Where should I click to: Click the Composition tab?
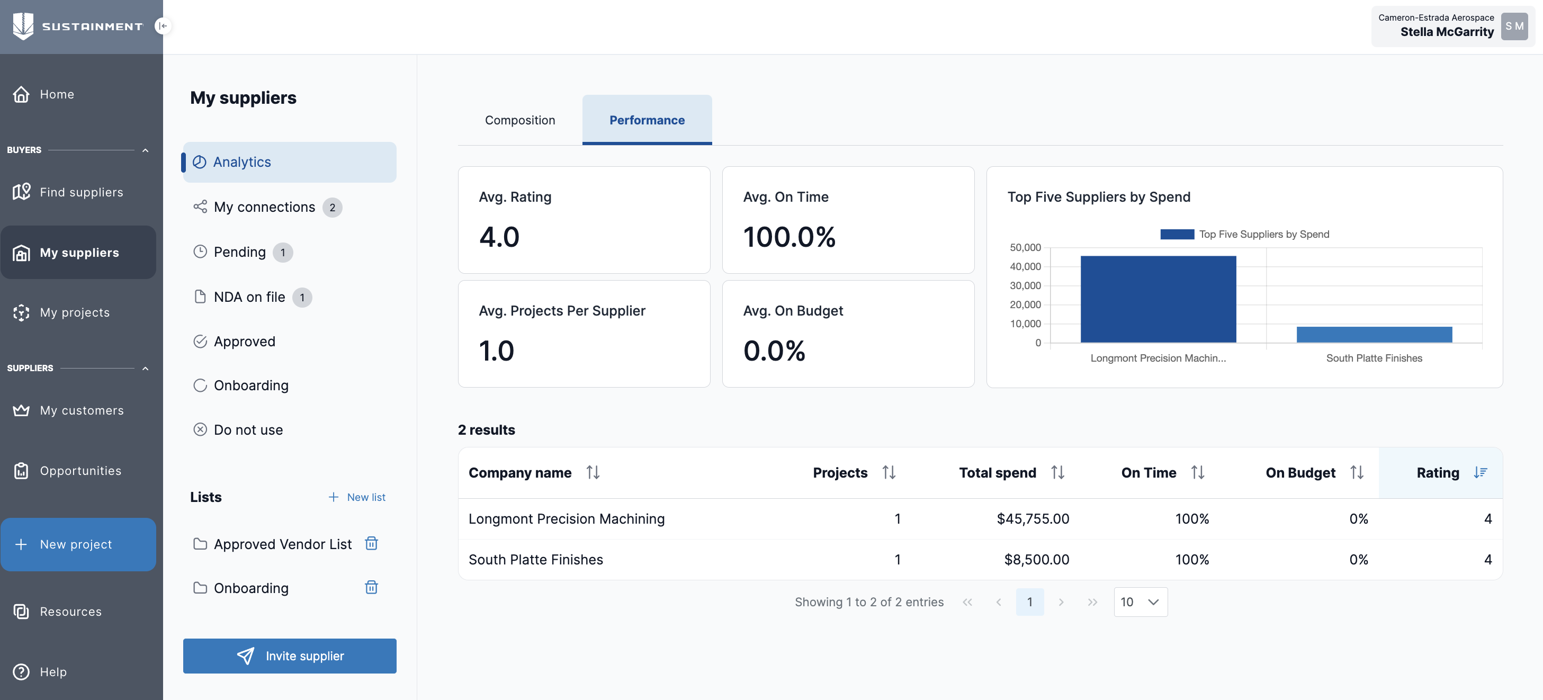[519, 120]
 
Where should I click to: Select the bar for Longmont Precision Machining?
[1158, 299]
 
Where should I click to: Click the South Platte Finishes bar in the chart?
[1374, 334]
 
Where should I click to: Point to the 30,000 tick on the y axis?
[1025, 285]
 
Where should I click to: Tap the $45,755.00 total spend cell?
[1032, 518]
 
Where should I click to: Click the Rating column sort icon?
[1480, 472]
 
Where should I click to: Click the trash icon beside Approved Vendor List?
[371, 543]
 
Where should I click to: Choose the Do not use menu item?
[248, 430]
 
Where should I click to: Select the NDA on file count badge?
[302, 298]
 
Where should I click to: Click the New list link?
[357, 497]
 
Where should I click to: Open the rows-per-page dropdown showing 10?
[1140, 602]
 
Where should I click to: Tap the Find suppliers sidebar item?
[81, 192]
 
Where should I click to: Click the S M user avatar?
[1514, 26]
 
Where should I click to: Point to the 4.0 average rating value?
[499, 237]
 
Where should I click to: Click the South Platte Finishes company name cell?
[535, 559]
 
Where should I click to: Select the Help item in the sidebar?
[53, 672]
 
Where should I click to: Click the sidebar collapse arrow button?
[163, 26]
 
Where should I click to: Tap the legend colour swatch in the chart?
[1177, 234]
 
